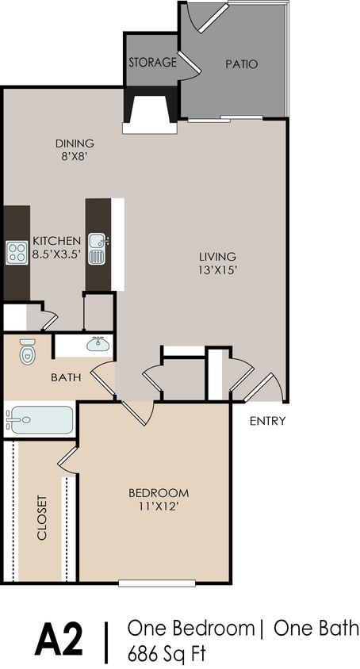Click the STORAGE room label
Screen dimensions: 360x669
pyautogui.click(x=152, y=63)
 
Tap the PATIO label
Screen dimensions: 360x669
pyautogui.click(x=242, y=64)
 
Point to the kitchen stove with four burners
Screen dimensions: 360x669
pyautogui.click(x=17, y=252)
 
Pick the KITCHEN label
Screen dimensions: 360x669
pyautogui.click(x=56, y=241)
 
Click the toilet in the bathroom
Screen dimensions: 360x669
pyautogui.click(x=27, y=351)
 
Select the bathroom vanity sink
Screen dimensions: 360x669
pyautogui.click(x=98, y=343)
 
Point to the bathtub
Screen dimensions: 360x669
pyautogui.click(x=40, y=420)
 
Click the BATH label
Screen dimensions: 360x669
pyautogui.click(x=66, y=377)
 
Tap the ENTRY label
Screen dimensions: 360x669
pyautogui.click(x=267, y=422)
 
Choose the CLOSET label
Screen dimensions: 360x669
pyautogui.click(x=41, y=518)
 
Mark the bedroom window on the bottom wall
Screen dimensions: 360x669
pyautogui.click(x=157, y=583)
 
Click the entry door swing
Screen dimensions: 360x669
pyautogui.click(x=265, y=388)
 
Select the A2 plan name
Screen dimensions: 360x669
pyautogui.click(x=59, y=639)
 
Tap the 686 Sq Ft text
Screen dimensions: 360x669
pyautogui.click(x=167, y=653)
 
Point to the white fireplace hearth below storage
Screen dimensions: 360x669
pyautogui.click(x=150, y=128)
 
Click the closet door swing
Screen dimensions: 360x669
pyautogui.click(x=68, y=460)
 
